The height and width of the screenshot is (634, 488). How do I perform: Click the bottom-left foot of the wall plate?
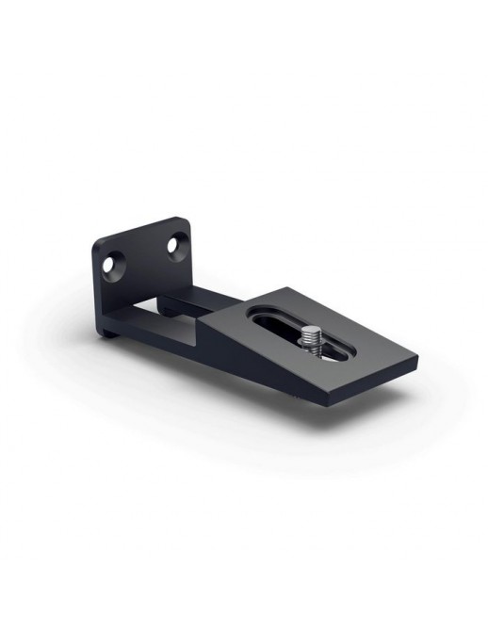[111, 332]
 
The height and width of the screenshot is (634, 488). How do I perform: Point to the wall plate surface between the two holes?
[146, 259]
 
